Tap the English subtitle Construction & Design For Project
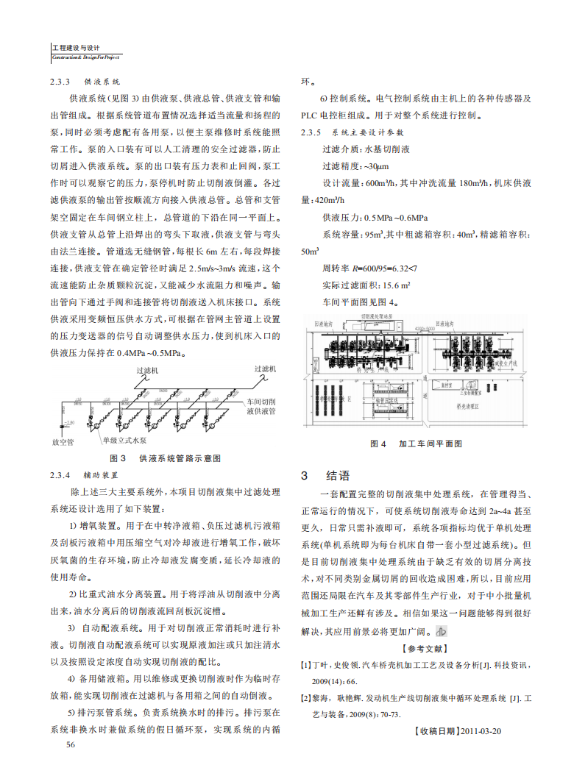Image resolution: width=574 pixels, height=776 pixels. click(85, 57)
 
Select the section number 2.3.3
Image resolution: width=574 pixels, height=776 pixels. click(60, 82)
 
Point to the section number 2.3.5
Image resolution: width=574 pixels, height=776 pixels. click(311, 132)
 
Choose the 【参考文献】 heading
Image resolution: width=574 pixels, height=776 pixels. click(425, 648)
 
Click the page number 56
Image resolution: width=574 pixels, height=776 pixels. click(71, 744)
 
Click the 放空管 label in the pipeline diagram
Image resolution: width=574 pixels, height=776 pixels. click(63, 442)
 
